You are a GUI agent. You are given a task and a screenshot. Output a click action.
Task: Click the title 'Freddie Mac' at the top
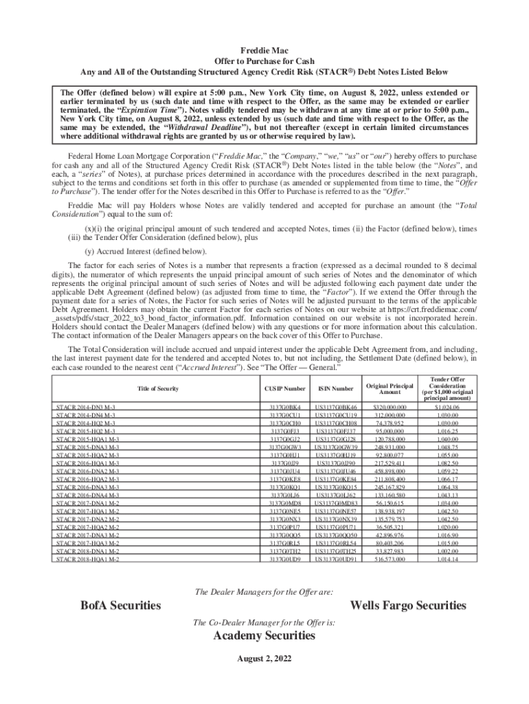point(264,50)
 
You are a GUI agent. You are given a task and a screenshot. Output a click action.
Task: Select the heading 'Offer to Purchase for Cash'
point(264,60)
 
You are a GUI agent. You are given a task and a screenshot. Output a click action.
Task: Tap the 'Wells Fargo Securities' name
point(407,605)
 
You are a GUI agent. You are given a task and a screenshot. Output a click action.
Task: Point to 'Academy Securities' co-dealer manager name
point(264,636)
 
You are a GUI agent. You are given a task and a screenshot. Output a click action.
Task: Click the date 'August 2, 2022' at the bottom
point(264,658)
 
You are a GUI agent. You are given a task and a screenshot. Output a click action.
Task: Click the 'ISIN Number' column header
point(335,389)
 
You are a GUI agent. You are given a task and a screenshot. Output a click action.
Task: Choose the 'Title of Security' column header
point(159,389)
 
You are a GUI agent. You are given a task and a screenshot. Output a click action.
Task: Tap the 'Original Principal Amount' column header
point(390,389)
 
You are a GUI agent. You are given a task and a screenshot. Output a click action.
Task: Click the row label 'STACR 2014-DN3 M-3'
point(87,408)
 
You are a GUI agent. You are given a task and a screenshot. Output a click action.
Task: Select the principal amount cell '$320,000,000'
point(390,408)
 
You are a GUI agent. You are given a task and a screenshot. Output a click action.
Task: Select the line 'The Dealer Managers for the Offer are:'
point(264,591)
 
